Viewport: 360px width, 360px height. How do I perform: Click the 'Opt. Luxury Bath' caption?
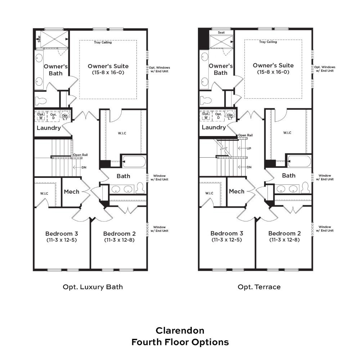[93, 287]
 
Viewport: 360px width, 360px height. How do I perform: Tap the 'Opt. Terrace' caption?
[259, 287]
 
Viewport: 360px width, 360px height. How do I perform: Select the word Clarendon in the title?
[180, 330]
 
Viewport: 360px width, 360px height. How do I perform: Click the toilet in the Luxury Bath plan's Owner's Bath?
[41, 100]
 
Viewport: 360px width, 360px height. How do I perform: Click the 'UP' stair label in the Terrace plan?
[249, 148]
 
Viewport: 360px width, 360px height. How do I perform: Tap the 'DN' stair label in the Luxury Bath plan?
[84, 167]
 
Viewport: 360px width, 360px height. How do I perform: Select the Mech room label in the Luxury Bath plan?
[72, 192]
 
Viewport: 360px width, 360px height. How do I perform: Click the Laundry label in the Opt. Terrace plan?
[214, 127]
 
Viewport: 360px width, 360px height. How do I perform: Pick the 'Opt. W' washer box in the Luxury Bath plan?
[41, 116]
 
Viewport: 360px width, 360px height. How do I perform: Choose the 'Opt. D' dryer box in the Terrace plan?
[219, 116]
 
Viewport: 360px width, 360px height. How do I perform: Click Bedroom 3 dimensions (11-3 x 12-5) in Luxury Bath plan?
[62, 240]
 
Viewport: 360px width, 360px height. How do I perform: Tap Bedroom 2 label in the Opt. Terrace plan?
[284, 233]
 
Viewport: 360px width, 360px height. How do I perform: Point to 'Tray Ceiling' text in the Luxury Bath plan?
[103, 42]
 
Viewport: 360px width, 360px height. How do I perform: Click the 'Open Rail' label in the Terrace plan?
[245, 135]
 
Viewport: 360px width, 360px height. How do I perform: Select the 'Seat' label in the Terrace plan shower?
[221, 33]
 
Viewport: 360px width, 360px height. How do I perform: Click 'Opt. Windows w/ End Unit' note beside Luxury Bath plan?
[159, 69]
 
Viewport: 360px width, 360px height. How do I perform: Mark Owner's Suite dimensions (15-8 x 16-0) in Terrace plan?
[273, 72]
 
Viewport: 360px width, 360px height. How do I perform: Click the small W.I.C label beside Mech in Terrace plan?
[209, 193]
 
